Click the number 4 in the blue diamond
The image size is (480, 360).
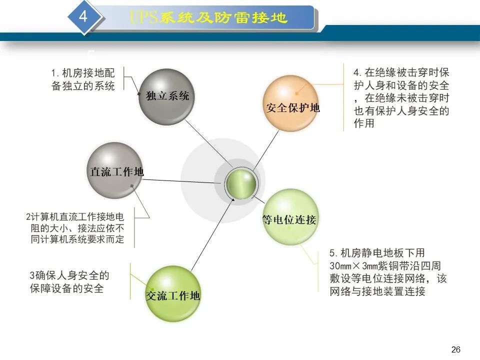click(x=83, y=15)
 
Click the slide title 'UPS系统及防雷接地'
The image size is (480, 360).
click(x=208, y=17)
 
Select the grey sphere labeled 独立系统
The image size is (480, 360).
click(x=166, y=96)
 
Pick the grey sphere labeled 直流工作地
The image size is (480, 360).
click(x=115, y=170)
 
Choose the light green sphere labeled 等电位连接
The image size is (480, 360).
click(x=290, y=217)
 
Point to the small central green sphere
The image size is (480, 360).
click(x=241, y=183)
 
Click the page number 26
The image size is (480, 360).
click(x=456, y=349)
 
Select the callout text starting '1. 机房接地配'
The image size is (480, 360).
click(x=83, y=79)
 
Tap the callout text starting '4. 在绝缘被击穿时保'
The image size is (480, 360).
click(x=401, y=97)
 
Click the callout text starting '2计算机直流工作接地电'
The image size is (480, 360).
click(x=75, y=228)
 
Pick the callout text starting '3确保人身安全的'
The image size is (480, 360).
click(x=69, y=281)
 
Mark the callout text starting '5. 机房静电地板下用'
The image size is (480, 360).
click(x=388, y=272)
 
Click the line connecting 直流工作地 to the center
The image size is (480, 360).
click(x=181, y=181)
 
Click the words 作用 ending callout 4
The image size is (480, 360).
click(x=364, y=123)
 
